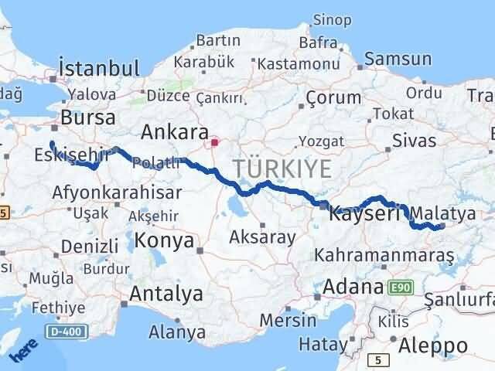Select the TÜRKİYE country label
[x=282, y=168]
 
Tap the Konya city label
[x=164, y=241]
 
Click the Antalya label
[x=166, y=294]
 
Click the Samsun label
[x=398, y=59]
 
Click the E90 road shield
[x=400, y=287]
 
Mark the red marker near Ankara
[x=215, y=142]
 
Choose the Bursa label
[x=87, y=118]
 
